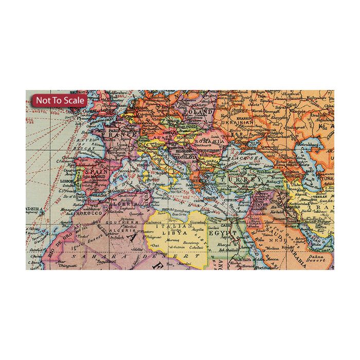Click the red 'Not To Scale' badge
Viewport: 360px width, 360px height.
coord(60,100)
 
